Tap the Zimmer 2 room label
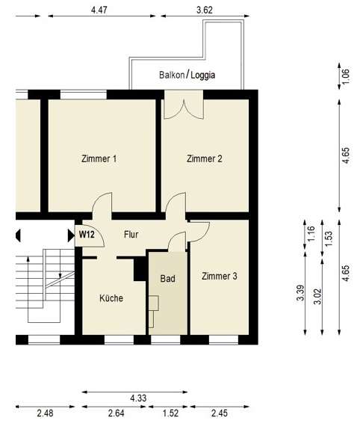point(205,158)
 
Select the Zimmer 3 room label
point(220,277)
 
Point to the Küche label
point(111,298)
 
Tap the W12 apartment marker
point(87,234)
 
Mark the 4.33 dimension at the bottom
point(136,398)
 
